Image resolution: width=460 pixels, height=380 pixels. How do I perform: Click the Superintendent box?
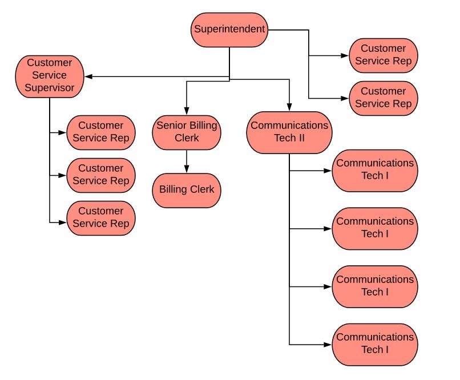point(229,30)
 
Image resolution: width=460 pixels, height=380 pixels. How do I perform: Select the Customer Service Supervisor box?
point(50,75)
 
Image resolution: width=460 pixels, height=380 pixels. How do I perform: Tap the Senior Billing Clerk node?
point(187,132)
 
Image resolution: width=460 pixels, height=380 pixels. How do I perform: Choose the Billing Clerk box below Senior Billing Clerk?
point(187,190)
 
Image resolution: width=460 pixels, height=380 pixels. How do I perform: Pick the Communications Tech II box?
point(289,132)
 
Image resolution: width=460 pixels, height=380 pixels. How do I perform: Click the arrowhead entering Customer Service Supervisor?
point(88,76)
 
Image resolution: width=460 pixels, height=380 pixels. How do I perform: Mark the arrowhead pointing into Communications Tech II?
point(289,107)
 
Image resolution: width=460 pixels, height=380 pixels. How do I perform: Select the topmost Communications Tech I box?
point(375,170)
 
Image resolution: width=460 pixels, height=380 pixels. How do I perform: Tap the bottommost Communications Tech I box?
point(375,344)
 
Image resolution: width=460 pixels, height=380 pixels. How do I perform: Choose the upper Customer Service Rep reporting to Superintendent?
point(383,55)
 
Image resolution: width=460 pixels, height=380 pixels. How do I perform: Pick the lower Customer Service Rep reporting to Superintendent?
point(383,98)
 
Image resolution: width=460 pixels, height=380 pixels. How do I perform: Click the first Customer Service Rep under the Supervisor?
point(101,132)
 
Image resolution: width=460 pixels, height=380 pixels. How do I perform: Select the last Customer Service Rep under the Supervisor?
point(101,218)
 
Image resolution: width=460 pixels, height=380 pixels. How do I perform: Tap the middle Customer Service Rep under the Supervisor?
point(101,175)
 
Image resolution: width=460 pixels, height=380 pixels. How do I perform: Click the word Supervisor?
point(50,88)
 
